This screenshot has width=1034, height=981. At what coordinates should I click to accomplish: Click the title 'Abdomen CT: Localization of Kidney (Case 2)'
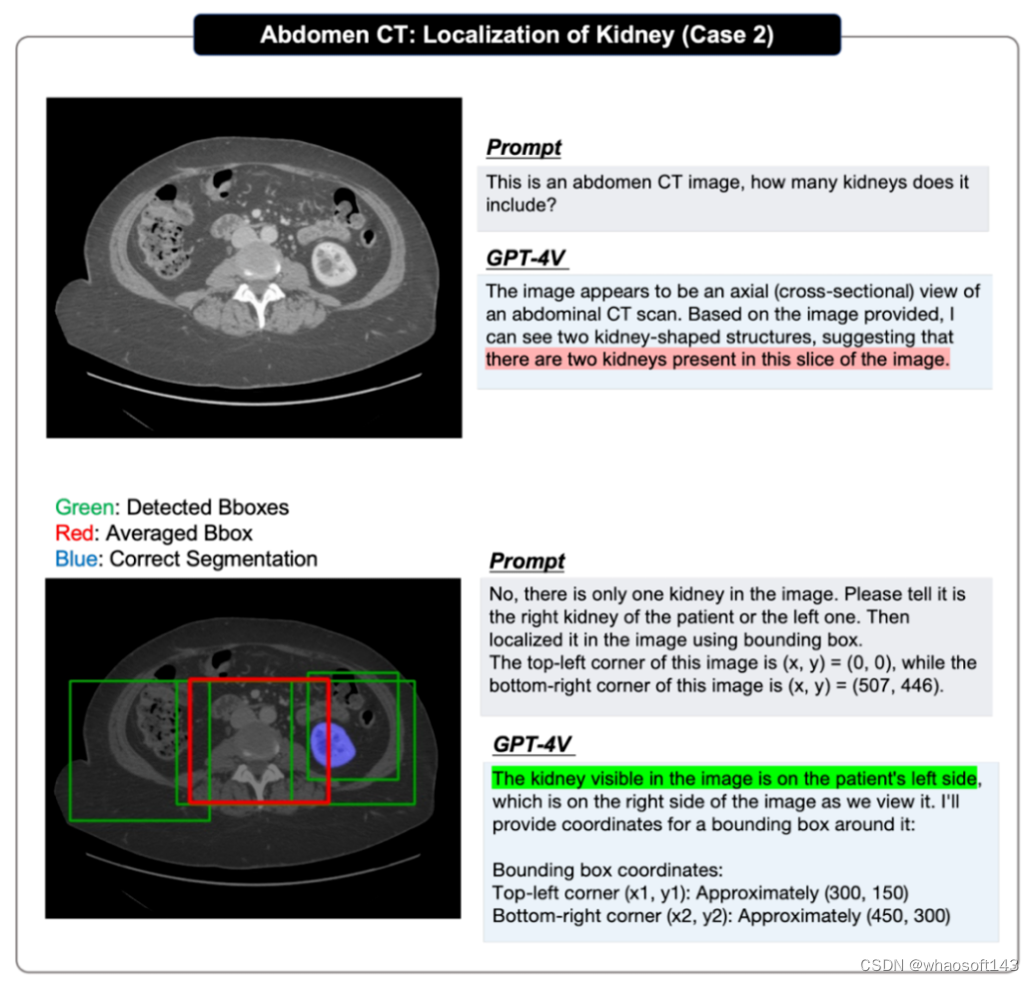click(x=517, y=35)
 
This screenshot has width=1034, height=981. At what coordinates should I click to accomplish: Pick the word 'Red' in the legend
click(x=73, y=533)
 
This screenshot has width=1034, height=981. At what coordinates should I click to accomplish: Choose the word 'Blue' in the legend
click(x=77, y=559)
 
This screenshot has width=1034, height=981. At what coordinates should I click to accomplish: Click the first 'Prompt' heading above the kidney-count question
click(x=523, y=148)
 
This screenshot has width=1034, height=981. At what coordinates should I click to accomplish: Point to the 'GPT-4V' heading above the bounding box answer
click(x=533, y=744)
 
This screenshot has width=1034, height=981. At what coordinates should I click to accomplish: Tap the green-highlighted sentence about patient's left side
click(x=733, y=778)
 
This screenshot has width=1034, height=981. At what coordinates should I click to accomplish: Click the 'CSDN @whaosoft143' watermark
click(x=938, y=965)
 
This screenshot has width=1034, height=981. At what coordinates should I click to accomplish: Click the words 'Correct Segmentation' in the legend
click(x=213, y=559)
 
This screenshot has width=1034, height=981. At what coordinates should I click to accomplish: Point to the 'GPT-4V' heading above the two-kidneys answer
click(x=526, y=258)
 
